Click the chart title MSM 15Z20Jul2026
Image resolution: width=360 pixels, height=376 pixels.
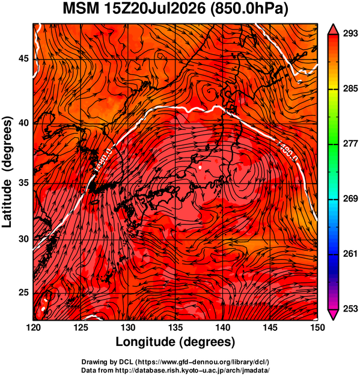[x=135, y=9]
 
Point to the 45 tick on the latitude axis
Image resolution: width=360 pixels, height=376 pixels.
[x=23, y=58]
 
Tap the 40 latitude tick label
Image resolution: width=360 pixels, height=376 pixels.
[x=23, y=123]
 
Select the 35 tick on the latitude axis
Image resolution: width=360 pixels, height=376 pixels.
[x=23, y=183]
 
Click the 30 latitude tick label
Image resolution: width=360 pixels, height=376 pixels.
[x=23, y=239]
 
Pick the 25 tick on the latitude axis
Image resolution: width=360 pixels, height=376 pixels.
[x=23, y=292]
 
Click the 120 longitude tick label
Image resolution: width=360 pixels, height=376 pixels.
[x=33, y=327]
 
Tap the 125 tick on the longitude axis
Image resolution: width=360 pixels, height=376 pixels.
[x=81, y=327]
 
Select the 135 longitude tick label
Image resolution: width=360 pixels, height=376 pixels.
[x=175, y=327]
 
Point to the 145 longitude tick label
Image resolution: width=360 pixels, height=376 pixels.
[x=270, y=327]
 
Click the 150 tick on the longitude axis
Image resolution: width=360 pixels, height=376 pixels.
[x=317, y=327]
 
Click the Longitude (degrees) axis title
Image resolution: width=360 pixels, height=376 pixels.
[x=175, y=342]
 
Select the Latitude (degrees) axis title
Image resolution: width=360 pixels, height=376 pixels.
[x=7, y=171]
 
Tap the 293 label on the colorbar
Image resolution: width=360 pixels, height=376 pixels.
[x=350, y=34]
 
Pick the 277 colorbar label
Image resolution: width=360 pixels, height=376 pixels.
[x=350, y=144]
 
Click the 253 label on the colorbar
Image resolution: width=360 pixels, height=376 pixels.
[x=350, y=309]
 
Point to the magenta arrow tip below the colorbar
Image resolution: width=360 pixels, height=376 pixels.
[x=334, y=319]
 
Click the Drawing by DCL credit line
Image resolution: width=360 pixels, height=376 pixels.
[x=175, y=362]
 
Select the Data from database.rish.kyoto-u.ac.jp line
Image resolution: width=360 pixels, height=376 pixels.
[x=175, y=370]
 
